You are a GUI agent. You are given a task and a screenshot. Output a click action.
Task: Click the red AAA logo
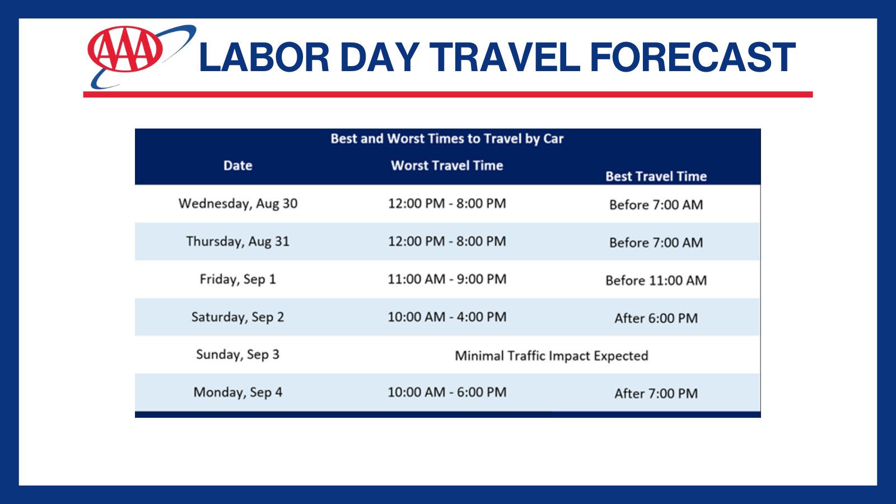click(x=125, y=49)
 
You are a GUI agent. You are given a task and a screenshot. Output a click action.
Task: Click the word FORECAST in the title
click(x=692, y=58)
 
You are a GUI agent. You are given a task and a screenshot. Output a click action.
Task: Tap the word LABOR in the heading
click(x=264, y=58)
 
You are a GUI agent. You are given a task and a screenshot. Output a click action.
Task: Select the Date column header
click(x=237, y=166)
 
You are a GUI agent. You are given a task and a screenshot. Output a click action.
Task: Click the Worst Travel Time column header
click(x=447, y=166)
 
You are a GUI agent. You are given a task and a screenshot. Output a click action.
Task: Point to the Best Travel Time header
click(x=656, y=176)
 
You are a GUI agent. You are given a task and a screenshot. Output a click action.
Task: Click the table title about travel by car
click(x=447, y=139)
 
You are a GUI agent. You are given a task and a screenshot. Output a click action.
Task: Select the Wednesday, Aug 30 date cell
click(x=237, y=204)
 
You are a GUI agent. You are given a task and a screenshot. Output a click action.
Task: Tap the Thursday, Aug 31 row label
click(x=237, y=241)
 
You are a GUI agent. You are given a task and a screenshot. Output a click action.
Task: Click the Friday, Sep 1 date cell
click(x=237, y=279)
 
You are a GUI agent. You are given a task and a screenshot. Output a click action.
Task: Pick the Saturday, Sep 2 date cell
click(x=237, y=317)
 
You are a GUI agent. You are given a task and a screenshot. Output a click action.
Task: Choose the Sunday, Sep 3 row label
click(x=237, y=355)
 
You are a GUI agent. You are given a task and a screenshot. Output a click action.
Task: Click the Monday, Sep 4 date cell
click(x=237, y=393)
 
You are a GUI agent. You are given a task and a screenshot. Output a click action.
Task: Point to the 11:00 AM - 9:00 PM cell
click(x=447, y=279)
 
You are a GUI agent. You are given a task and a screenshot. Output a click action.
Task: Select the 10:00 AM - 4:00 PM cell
click(x=447, y=317)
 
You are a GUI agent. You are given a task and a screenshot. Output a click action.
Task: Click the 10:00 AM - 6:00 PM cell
click(x=447, y=393)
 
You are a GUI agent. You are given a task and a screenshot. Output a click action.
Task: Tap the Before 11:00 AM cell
click(x=656, y=281)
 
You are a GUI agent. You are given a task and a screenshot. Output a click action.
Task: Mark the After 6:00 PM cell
click(x=656, y=319)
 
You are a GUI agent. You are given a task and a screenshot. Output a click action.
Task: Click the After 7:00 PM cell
click(x=656, y=394)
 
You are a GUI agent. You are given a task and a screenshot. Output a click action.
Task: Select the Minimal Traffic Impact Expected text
click(x=551, y=356)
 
